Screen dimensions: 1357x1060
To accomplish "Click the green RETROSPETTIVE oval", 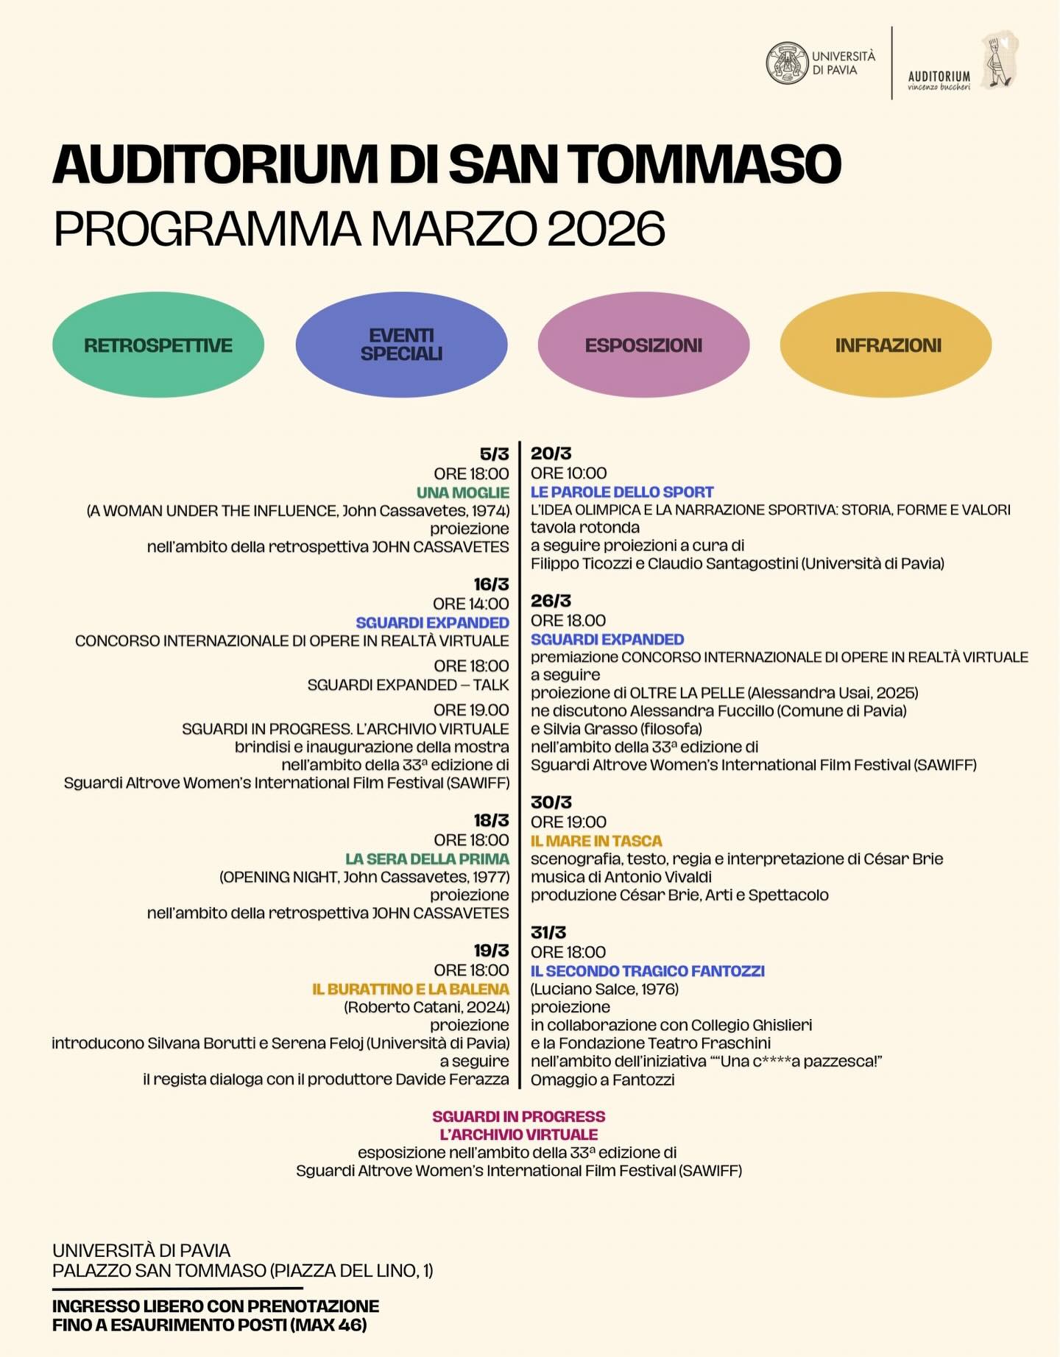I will (158, 345).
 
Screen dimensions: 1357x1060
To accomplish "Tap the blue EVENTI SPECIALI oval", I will (401, 345).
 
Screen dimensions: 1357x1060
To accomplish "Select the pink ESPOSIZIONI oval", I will (643, 345).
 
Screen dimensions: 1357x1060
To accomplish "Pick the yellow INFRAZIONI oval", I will (886, 345).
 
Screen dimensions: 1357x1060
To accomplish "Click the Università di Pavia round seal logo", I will (787, 63).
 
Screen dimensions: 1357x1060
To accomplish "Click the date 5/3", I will (494, 454).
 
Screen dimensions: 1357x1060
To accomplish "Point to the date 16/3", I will (491, 584).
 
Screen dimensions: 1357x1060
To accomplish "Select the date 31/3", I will (548, 932).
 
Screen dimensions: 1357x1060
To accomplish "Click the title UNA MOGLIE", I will (463, 493).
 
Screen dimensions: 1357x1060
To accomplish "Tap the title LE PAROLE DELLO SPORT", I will (622, 492).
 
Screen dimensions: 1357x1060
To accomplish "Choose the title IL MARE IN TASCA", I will (596, 841).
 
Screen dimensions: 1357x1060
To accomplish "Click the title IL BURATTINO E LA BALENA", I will (411, 989).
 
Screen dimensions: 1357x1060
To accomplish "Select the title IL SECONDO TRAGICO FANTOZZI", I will (648, 971).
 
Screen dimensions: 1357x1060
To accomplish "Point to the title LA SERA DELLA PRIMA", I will (427, 859).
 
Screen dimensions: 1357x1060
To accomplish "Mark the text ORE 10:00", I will (568, 473).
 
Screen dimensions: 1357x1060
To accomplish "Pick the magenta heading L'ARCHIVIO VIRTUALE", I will (518, 1135).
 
